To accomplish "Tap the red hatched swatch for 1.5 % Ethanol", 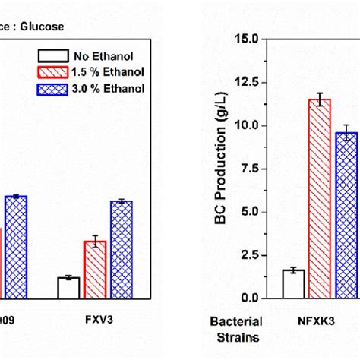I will pos(54,72).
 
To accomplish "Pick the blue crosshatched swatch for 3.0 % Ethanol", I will pos(54,89).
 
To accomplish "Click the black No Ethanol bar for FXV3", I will pos(68,288).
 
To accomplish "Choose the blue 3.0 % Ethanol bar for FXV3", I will pos(121,250).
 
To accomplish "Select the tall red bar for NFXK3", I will pos(320,198).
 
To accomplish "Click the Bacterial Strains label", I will pos(235,328).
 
